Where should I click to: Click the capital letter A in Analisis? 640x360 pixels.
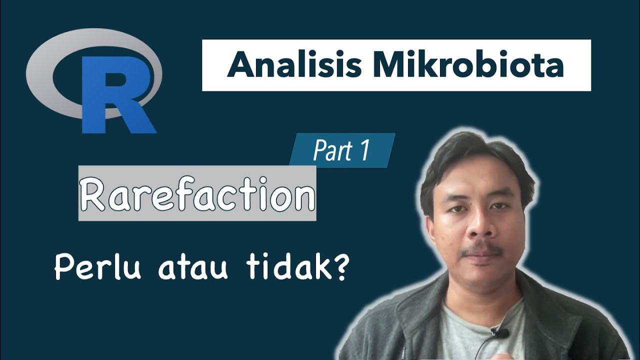pyautogui.click(x=239, y=65)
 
